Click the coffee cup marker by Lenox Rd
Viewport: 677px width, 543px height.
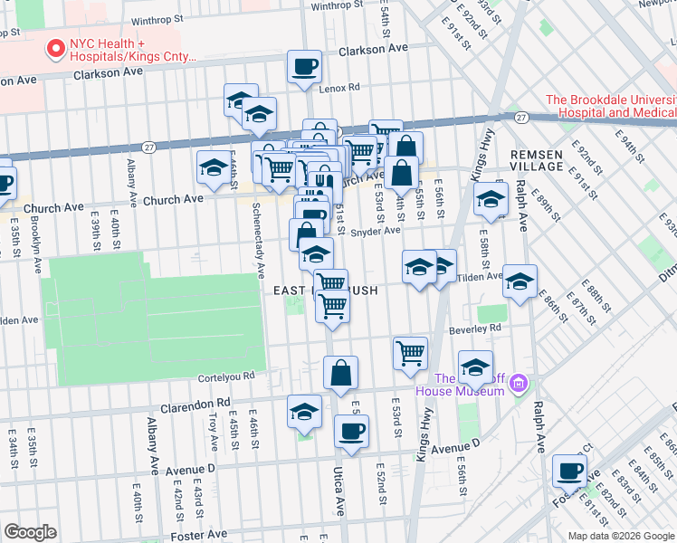point(304,66)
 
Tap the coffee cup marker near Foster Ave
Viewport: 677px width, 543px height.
point(569,471)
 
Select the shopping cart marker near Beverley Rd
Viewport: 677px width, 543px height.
point(410,351)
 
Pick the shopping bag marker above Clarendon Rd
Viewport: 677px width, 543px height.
point(340,372)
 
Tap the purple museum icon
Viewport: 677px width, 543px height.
point(518,384)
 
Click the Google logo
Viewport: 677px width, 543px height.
point(30,532)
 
